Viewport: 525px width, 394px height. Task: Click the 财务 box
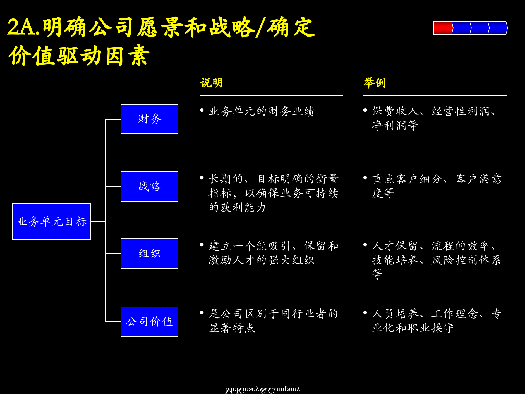click(149, 119)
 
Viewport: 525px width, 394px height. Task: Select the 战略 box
click(149, 187)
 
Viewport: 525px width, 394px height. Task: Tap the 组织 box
click(149, 254)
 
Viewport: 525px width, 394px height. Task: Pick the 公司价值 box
click(149, 322)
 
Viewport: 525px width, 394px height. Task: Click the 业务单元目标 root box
click(52, 222)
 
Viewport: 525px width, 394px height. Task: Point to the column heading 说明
click(211, 83)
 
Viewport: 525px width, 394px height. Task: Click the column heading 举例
click(374, 83)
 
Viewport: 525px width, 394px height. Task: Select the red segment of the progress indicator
click(442, 28)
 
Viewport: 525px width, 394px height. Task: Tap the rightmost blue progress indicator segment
click(498, 28)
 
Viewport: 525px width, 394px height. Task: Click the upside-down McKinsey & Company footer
click(262, 390)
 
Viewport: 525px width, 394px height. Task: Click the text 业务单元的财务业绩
click(262, 111)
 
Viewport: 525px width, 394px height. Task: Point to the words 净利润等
click(395, 125)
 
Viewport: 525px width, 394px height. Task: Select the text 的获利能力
click(237, 207)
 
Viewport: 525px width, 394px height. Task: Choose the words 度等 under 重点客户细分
click(383, 193)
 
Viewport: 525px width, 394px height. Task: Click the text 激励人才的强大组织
click(261, 260)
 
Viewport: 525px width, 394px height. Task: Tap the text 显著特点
click(232, 328)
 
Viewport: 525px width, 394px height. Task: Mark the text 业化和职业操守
click(413, 328)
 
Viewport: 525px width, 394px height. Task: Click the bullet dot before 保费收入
click(365, 110)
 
